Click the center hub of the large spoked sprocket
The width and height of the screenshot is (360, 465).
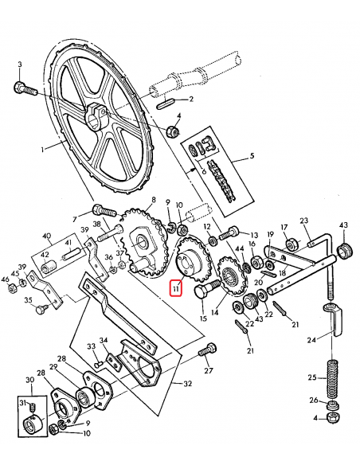[x=100, y=114]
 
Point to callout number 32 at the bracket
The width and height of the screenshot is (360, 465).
[x=187, y=384]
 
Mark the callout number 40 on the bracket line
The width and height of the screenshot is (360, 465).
[x=47, y=236]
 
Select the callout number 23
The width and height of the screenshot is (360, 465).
[x=303, y=221]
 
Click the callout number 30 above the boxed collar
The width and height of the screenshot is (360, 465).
[x=29, y=381]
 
